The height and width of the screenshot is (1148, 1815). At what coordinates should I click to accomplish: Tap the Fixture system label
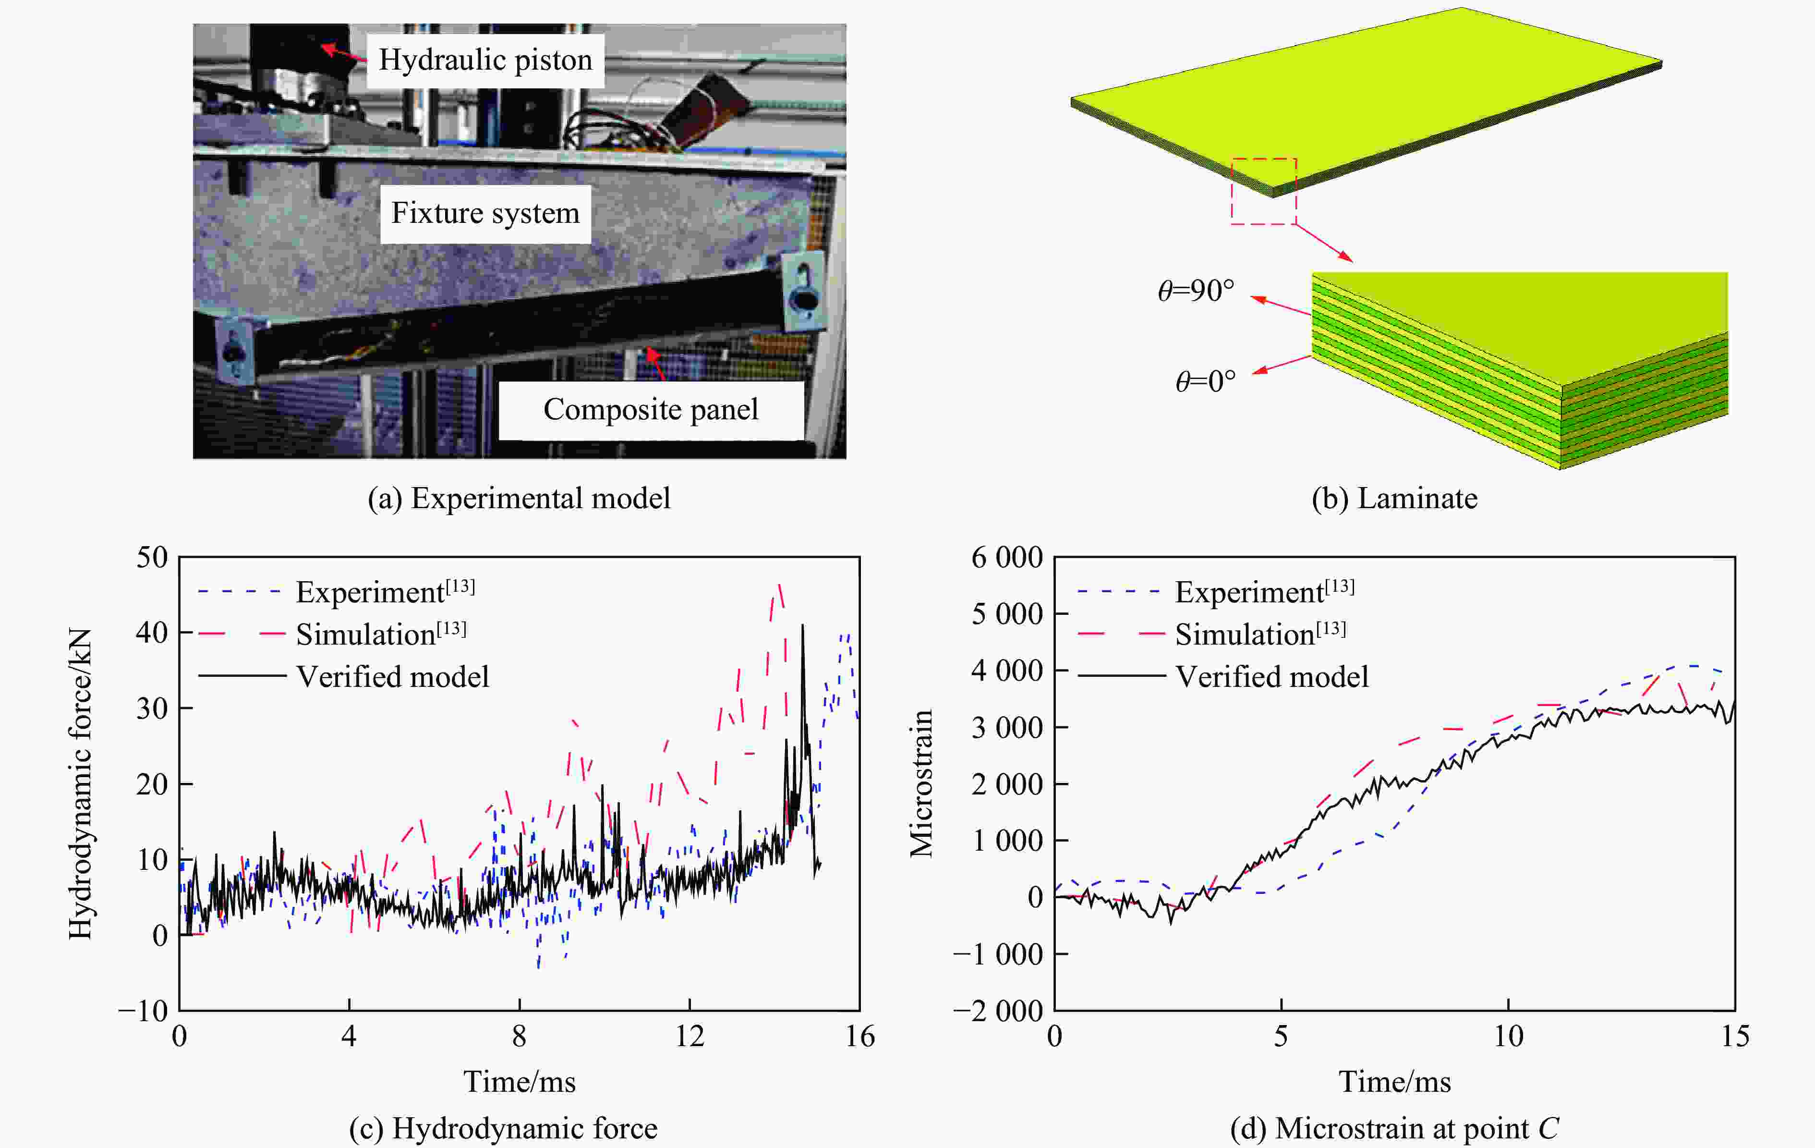484,213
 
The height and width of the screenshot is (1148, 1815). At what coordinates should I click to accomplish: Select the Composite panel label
651,409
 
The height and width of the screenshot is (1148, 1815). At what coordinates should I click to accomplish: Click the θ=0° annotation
1205,381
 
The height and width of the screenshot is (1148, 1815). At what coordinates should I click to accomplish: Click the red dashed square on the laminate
1264,192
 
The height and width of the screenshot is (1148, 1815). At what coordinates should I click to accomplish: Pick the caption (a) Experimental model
519,498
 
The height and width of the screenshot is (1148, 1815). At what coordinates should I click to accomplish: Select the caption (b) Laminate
1394,498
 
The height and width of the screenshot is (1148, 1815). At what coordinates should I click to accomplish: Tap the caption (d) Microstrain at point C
1394,1128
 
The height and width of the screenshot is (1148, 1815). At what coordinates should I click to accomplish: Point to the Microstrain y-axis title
921,784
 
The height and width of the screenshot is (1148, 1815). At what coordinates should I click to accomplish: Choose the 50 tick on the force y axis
152,558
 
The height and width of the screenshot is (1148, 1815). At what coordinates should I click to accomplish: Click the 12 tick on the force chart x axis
689,1037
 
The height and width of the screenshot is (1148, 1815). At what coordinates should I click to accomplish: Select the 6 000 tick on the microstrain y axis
1007,558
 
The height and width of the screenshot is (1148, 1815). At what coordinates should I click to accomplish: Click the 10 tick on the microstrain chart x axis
1508,1037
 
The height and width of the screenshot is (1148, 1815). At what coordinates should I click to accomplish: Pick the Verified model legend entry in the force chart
392,677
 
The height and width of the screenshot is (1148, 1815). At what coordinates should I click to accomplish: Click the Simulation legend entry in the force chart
381,635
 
